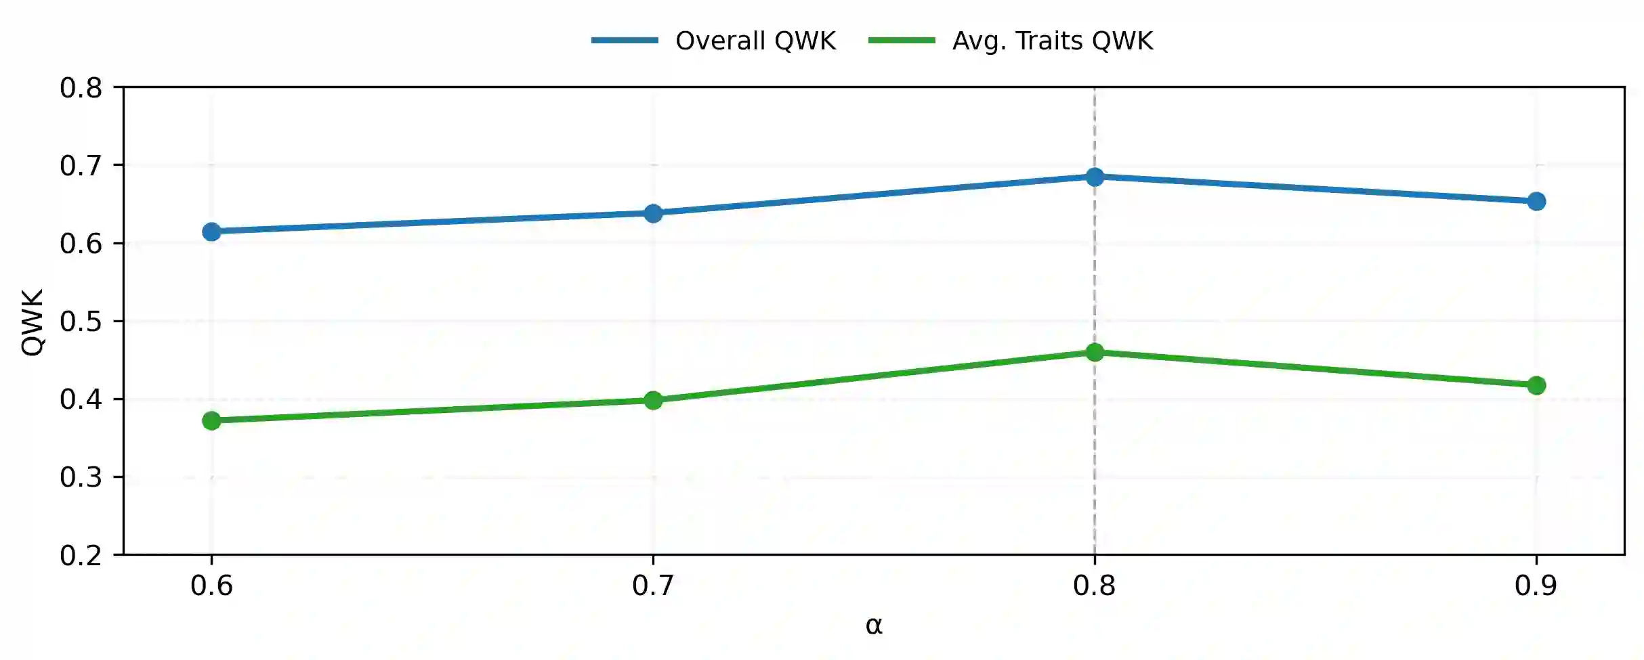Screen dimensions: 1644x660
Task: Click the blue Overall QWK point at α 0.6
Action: pyautogui.click(x=211, y=232)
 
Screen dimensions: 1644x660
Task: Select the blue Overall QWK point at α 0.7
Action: pyautogui.click(x=653, y=214)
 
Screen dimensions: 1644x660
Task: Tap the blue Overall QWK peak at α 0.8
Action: pyautogui.click(x=1095, y=177)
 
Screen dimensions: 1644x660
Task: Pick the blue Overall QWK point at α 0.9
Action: pyautogui.click(x=1536, y=201)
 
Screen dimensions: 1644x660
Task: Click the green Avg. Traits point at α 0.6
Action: pyautogui.click(x=211, y=420)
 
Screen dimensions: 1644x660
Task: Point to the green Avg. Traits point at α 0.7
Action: pyautogui.click(x=653, y=400)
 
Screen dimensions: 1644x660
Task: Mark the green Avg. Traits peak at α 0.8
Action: pyautogui.click(x=1095, y=352)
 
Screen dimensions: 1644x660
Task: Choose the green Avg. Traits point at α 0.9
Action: pyautogui.click(x=1536, y=385)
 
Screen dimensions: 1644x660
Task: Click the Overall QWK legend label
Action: pyautogui.click(x=756, y=41)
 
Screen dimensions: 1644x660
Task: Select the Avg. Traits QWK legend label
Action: pyautogui.click(x=1053, y=41)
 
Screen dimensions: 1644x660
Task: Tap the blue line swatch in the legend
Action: pyautogui.click(x=625, y=41)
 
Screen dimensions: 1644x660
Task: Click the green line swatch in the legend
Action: pyautogui.click(x=902, y=41)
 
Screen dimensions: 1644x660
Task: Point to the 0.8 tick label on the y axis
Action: pyautogui.click(x=81, y=88)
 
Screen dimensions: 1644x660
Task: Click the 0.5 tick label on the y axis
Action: pyautogui.click(x=81, y=322)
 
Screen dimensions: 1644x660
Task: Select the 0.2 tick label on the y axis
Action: pyautogui.click(x=81, y=556)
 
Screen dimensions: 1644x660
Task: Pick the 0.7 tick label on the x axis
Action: pyautogui.click(x=653, y=586)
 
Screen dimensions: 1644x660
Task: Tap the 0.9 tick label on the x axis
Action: pyautogui.click(x=1536, y=586)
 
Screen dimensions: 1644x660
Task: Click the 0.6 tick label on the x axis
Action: pyautogui.click(x=211, y=586)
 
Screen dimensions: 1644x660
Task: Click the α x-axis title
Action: pyautogui.click(x=874, y=625)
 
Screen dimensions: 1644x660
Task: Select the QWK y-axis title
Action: pyautogui.click(x=33, y=322)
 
